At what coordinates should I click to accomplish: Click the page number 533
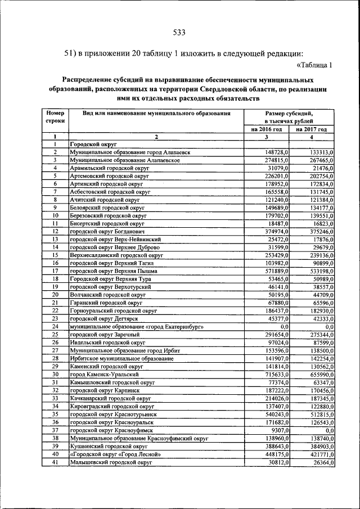(179, 31)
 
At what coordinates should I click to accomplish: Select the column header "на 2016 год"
(267, 129)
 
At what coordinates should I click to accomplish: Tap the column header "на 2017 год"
(312, 129)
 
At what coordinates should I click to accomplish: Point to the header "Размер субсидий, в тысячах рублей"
(289, 117)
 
